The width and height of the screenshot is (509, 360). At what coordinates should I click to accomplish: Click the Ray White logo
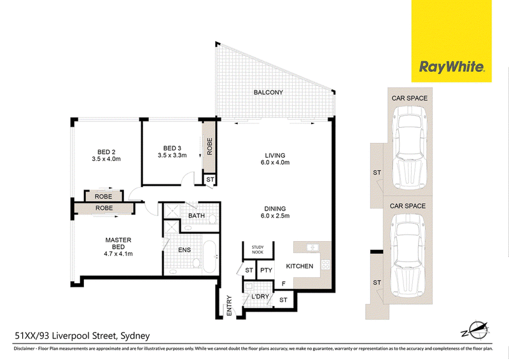(452, 67)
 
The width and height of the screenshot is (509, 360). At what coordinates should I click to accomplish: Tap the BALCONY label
(268, 92)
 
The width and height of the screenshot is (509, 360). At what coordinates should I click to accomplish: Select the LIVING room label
(275, 155)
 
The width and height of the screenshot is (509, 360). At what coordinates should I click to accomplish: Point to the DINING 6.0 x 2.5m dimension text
(275, 216)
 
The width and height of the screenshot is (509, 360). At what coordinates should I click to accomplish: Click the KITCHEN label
(299, 267)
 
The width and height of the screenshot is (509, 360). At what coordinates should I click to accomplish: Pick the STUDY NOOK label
(258, 249)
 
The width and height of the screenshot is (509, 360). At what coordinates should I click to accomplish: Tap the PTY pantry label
(266, 270)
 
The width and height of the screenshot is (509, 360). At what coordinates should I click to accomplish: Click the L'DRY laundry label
(260, 296)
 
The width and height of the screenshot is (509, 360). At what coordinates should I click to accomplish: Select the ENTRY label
(229, 305)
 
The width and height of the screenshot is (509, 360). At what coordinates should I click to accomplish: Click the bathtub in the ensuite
(209, 257)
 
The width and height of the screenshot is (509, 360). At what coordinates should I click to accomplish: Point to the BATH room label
(197, 216)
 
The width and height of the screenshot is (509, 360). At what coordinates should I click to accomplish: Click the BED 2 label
(106, 152)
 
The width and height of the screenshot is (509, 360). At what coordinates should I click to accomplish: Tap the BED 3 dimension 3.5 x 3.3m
(172, 155)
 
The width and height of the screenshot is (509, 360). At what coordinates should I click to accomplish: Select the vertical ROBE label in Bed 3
(209, 146)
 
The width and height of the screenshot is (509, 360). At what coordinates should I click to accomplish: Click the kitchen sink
(312, 247)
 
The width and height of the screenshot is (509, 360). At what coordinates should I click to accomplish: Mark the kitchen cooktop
(326, 265)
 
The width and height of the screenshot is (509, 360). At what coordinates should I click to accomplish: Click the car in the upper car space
(410, 148)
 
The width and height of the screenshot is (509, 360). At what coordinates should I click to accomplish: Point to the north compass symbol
(476, 331)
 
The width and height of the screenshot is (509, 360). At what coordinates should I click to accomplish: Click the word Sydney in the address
(135, 336)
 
